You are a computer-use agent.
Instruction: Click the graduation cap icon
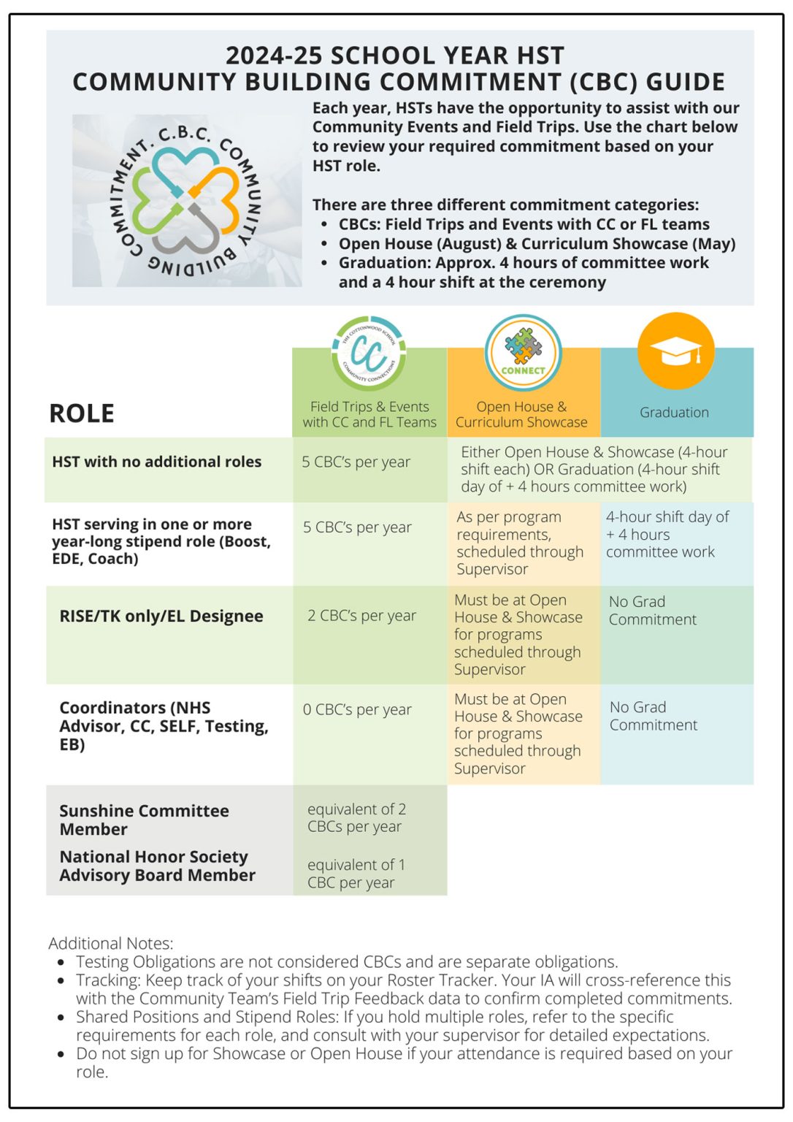675,351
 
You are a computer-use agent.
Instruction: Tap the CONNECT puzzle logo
523,352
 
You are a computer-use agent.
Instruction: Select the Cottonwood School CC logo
369,354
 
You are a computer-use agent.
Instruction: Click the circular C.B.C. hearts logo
187,199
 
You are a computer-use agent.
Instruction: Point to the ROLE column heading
82,413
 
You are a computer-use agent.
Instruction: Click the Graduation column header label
674,413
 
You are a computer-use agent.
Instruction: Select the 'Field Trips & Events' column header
369,414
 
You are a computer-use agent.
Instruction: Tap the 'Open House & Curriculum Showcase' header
521,414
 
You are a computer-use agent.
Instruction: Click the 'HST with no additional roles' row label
156,462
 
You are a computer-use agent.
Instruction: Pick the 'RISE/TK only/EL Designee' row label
161,616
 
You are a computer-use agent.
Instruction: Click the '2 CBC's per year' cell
361,616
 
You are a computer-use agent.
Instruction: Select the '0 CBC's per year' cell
357,709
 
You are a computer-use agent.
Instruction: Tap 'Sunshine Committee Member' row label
144,820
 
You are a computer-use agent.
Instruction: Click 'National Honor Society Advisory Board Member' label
157,866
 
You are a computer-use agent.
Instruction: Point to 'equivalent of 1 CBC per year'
356,874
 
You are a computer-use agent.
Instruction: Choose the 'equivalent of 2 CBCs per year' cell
356,818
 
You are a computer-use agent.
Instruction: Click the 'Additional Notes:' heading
111,943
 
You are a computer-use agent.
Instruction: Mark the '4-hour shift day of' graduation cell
667,534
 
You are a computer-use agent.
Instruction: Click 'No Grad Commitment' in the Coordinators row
653,716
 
